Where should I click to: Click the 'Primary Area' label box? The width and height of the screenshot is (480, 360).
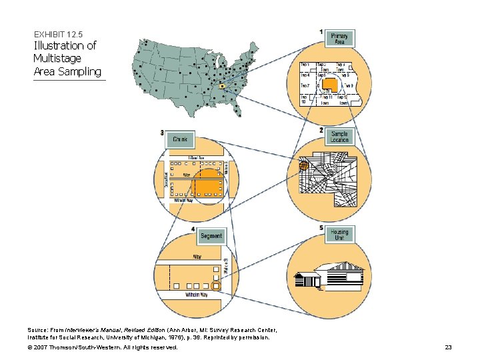[x=339, y=39]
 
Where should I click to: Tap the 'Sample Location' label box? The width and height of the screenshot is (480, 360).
[x=339, y=137]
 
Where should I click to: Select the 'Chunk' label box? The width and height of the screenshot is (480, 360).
[x=180, y=140]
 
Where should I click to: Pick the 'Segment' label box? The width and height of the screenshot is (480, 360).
[x=211, y=236]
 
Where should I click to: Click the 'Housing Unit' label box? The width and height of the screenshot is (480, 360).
[x=339, y=235]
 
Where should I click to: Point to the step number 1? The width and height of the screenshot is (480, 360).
[x=321, y=31]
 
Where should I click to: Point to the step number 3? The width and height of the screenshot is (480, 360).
[x=162, y=133]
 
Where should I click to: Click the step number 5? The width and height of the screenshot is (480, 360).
[x=321, y=228]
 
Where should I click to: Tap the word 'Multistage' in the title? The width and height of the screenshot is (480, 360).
[x=58, y=59]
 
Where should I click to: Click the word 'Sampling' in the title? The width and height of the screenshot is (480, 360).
[x=80, y=71]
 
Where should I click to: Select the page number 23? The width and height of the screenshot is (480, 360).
[x=448, y=347]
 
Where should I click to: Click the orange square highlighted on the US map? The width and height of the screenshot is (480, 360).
[x=222, y=86]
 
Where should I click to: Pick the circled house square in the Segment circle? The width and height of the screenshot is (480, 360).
[x=215, y=285]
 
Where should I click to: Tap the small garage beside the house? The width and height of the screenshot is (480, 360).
[x=311, y=281]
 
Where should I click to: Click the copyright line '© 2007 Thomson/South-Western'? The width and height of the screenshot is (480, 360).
[x=103, y=347]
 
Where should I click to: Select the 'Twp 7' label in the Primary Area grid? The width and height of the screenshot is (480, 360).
[x=305, y=86]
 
